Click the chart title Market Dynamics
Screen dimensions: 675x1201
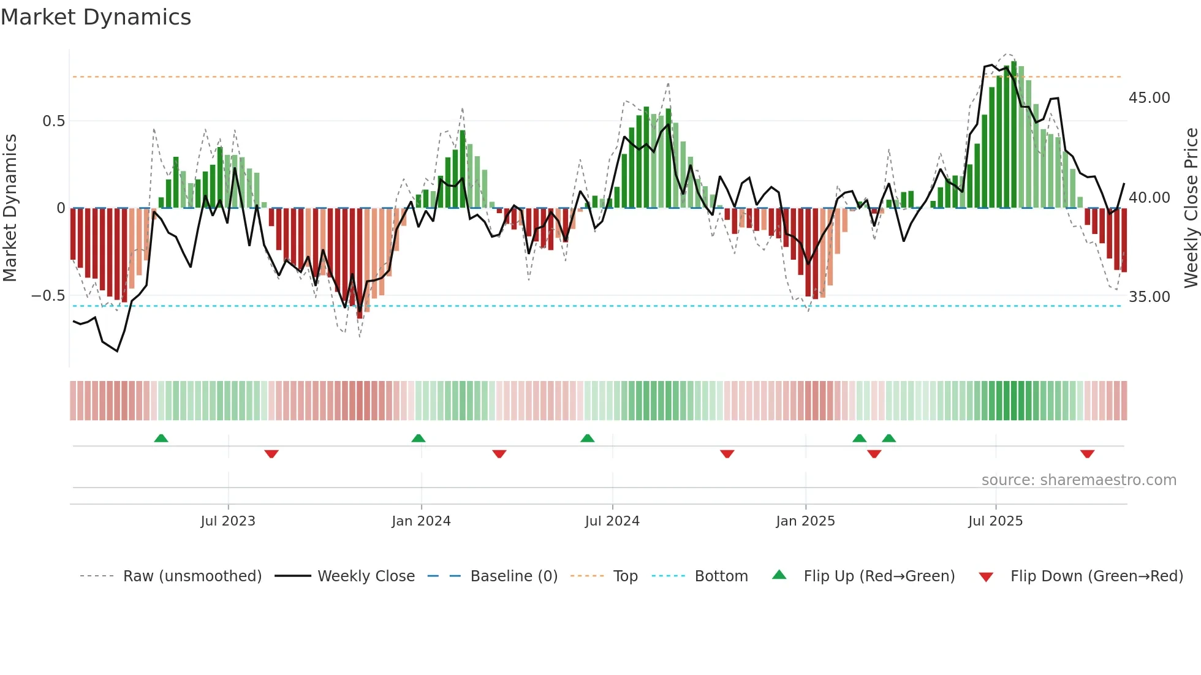(96, 17)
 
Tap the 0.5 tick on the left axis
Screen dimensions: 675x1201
(53, 121)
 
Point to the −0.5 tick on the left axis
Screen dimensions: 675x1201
(48, 296)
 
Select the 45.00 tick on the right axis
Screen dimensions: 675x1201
(1149, 98)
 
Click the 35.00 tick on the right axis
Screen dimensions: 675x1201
(1149, 297)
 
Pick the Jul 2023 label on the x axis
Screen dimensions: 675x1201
(228, 521)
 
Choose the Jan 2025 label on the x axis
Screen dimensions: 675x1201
(805, 521)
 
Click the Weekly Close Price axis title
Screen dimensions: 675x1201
(1191, 208)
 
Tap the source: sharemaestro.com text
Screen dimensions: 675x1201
(1078, 480)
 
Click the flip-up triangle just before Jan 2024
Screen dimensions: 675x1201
(419, 439)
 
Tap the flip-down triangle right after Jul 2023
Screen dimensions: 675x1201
(271, 454)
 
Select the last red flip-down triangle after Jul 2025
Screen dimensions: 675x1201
(1088, 454)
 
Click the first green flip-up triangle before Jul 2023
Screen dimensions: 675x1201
(161, 439)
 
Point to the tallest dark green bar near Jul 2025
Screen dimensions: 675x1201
(1013, 135)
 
